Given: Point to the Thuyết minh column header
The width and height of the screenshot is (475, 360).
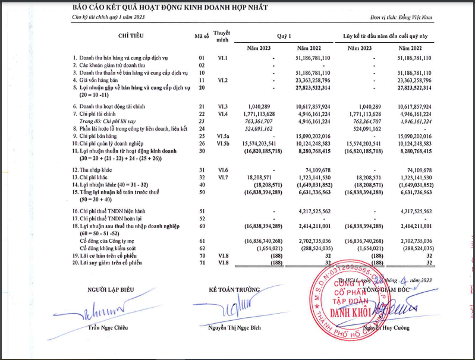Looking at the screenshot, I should [x=222, y=35].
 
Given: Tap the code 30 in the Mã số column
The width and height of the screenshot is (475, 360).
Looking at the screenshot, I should [x=202, y=151].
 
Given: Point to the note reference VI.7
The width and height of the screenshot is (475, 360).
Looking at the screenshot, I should [x=222, y=178].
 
